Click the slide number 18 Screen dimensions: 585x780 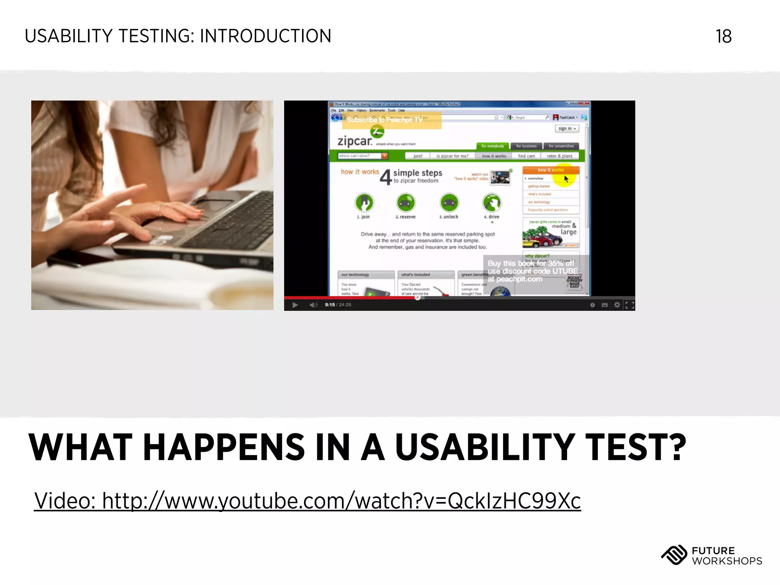pyautogui.click(x=723, y=37)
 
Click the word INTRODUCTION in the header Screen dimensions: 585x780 pyautogui.click(x=265, y=37)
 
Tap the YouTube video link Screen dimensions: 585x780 pyautogui.click(x=307, y=500)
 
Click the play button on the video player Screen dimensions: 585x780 pyautogui.click(x=295, y=305)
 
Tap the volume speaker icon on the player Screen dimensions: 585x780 pyautogui.click(x=313, y=305)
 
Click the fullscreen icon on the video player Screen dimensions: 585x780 pyautogui.click(x=630, y=305)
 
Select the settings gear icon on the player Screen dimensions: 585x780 pyautogui.click(x=617, y=305)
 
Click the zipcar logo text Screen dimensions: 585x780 pyautogui.click(x=355, y=141)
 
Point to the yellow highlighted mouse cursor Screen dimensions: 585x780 pyautogui.click(x=566, y=179)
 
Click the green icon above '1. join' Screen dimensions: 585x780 pyautogui.click(x=364, y=203)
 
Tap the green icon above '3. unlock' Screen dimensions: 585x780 pyautogui.click(x=449, y=203)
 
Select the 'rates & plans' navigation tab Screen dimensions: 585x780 pyautogui.click(x=559, y=156)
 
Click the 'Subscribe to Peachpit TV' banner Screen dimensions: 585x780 pyautogui.click(x=392, y=120)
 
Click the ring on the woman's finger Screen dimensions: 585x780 pyautogui.click(x=160, y=208)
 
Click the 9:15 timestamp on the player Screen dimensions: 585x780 pyautogui.click(x=330, y=305)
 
